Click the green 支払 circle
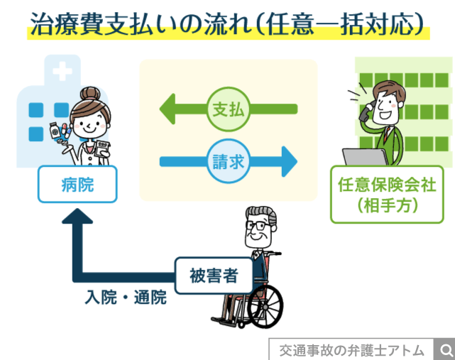point(228,111)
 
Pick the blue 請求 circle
point(228,162)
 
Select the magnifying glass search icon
point(445,350)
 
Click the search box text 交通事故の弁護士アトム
point(351,350)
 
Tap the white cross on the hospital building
point(62,72)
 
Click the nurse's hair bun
point(91,93)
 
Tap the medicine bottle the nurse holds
point(75,133)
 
